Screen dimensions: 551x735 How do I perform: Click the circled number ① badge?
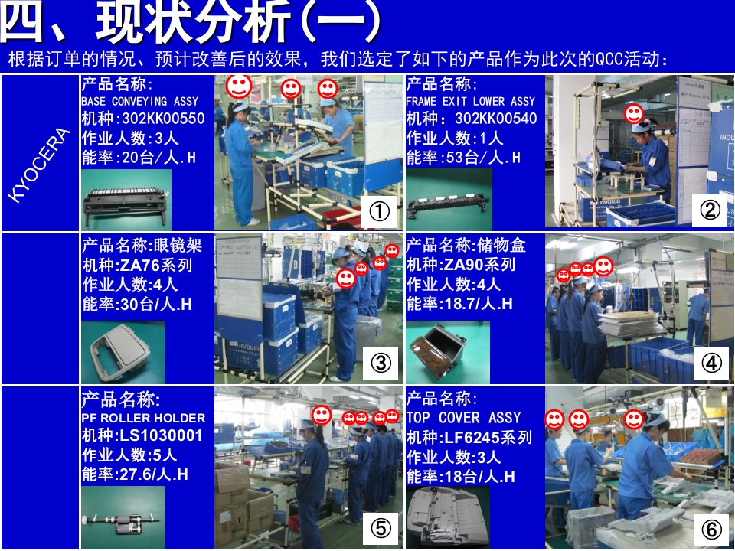click(x=381, y=211)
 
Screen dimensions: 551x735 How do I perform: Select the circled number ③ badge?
click(x=381, y=364)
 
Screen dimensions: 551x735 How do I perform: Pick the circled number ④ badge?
click(x=711, y=364)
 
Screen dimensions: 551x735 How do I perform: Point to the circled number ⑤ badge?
click(x=381, y=527)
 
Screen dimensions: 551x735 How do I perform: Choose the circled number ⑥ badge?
click(x=711, y=528)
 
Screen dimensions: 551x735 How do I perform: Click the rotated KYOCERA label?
click(x=39, y=165)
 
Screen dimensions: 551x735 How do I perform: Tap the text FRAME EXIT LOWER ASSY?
click(x=470, y=101)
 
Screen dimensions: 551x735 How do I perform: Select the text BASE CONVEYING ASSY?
click(x=139, y=101)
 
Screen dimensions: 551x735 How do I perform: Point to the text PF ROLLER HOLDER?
click(x=143, y=418)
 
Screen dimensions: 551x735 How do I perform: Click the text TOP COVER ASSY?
click(x=463, y=418)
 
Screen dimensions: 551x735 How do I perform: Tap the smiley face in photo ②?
click(x=633, y=114)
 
